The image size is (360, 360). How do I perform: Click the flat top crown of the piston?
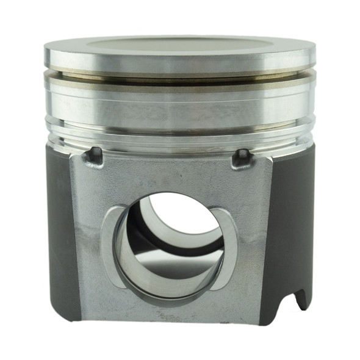[180, 44]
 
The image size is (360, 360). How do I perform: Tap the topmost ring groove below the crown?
[180, 73]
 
